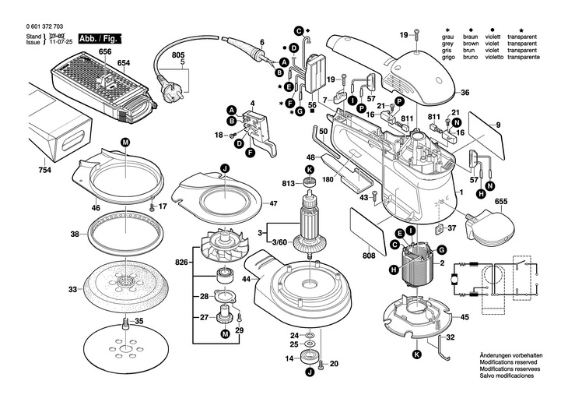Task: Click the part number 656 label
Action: pos(105,51)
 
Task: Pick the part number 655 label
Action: pos(501,202)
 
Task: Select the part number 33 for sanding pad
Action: pos(72,290)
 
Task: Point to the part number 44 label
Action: pos(247,279)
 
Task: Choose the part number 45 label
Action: pos(465,317)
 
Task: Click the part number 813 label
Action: pos(289,184)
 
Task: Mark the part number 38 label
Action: pos(75,235)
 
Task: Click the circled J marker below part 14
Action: pos(310,372)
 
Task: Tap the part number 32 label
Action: pos(451,337)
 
